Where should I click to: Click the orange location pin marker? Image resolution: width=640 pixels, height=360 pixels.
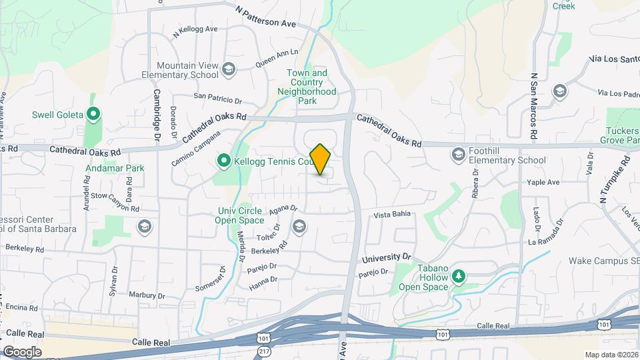pos(321,159)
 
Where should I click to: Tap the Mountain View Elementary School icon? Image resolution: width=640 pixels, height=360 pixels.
pos(229,69)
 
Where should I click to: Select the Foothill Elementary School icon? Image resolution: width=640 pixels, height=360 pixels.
pos(458,155)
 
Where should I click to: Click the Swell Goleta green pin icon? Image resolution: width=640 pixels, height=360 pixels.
pos(93,115)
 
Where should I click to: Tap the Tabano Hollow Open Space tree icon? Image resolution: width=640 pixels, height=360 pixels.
pos(458,275)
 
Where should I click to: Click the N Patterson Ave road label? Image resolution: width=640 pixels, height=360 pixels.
pos(266,17)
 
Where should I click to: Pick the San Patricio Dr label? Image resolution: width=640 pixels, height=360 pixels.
pos(217,97)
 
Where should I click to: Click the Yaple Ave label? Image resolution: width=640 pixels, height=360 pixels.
pos(543,182)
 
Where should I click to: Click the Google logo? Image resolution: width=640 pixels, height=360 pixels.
pos(22,352)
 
